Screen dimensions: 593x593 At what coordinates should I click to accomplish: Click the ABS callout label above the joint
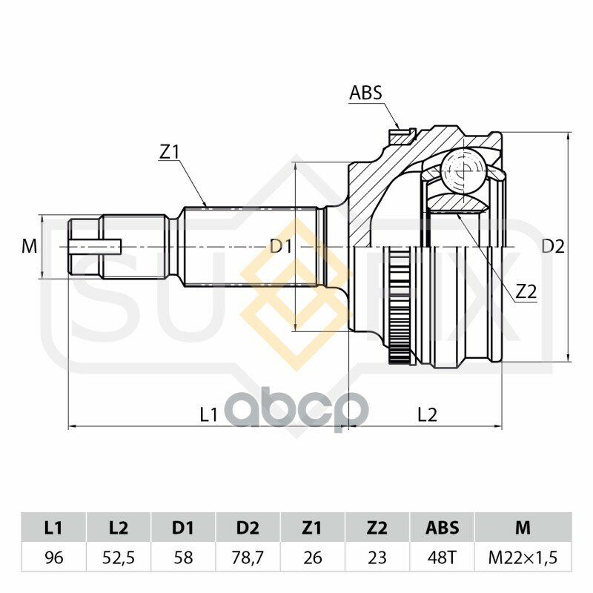coord(365,93)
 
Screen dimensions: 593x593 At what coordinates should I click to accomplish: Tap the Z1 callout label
coord(168,152)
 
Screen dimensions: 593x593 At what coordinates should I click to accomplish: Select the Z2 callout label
coord(526,291)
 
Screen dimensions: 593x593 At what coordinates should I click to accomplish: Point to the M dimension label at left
coord(29,247)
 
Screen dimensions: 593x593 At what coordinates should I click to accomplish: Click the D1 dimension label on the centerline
coord(281,247)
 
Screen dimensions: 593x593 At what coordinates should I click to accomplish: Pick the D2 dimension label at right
coord(553,247)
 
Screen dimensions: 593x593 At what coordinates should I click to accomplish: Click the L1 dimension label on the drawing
coord(208,415)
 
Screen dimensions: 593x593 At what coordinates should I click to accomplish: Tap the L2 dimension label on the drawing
coord(427,415)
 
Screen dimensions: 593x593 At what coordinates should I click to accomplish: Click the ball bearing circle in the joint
coord(463,170)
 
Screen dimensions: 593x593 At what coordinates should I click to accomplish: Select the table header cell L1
coord(53,528)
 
